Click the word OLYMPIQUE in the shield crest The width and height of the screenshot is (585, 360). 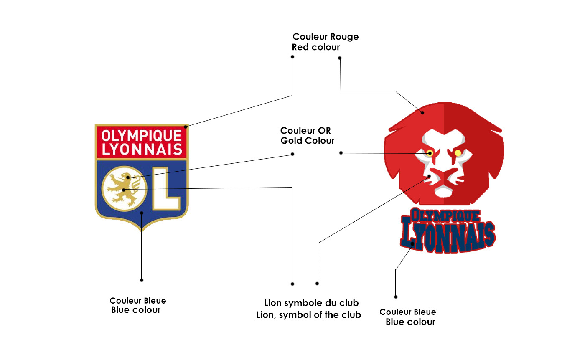[142, 136]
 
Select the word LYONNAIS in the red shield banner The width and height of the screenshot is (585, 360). [142, 150]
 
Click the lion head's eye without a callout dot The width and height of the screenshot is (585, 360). [458, 153]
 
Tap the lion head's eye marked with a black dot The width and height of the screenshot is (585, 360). [430, 153]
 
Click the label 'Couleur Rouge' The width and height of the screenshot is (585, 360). [326, 37]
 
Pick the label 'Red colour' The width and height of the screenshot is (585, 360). [315, 47]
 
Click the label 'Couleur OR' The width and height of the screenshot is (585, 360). [305, 131]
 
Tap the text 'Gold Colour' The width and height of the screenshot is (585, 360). [307, 141]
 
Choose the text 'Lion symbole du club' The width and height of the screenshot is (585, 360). [311, 303]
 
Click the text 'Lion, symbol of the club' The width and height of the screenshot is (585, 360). [308, 315]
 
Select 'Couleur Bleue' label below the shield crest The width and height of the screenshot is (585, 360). [137, 301]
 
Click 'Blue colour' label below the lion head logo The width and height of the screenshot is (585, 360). [410, 322]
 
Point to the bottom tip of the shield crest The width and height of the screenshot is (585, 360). [142, 230]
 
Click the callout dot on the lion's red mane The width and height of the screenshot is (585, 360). [422, 112]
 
